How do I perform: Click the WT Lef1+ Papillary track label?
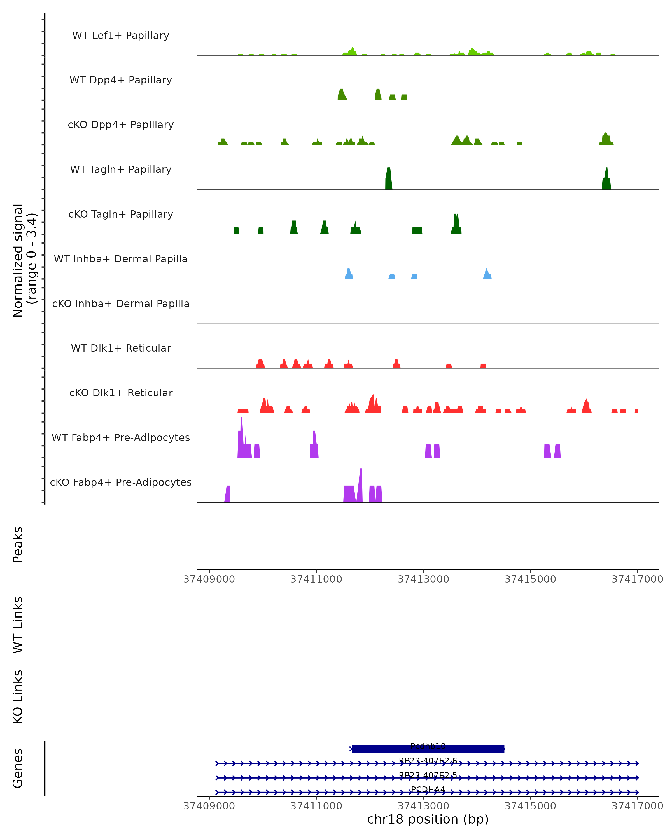(x=121, y=36)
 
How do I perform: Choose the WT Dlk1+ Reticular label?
(x=121, y=348)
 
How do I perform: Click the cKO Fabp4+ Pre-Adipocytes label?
(x=121, y=482)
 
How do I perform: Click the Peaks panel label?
(x=18, y=545)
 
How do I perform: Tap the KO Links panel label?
(x=18, y=697)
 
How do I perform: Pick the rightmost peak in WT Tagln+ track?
(x=606, y=180)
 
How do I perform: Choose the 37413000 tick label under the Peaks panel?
(x=423, y=579)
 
